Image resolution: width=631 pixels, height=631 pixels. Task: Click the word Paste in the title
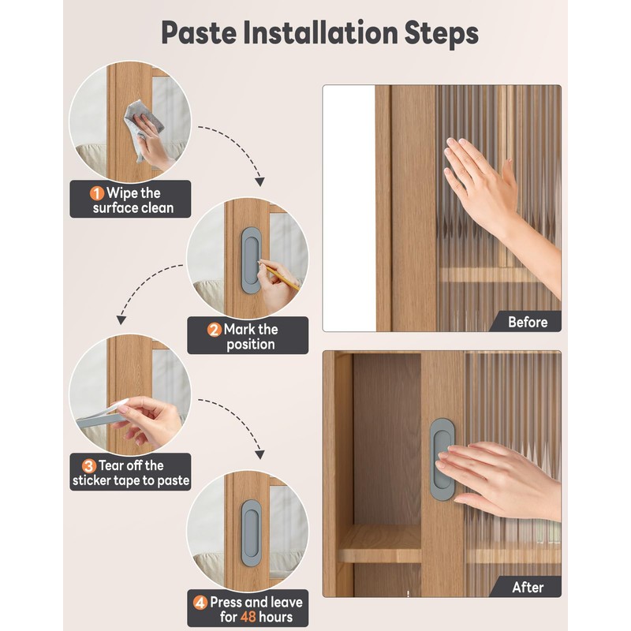199,33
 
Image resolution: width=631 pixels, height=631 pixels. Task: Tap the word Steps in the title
442,32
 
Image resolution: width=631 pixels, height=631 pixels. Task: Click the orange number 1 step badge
96,193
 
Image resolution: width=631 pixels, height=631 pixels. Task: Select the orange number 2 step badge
215,330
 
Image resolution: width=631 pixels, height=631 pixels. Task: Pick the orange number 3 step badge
89,466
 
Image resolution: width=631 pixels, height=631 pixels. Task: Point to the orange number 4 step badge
200,603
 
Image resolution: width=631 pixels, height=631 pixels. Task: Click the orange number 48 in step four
248,617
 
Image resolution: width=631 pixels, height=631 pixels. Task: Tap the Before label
528,322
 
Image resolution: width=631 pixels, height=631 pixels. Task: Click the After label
528,587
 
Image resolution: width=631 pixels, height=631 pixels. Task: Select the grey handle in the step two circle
251,260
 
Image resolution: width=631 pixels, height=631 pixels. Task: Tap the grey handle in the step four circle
251,533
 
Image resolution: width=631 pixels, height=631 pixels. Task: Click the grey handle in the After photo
442,459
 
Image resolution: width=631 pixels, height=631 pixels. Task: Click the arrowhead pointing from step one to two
260,181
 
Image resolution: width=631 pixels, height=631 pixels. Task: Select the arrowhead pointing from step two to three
121,320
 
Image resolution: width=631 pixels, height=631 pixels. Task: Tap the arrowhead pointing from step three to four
260,455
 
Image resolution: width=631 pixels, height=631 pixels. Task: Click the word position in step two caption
250,345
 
